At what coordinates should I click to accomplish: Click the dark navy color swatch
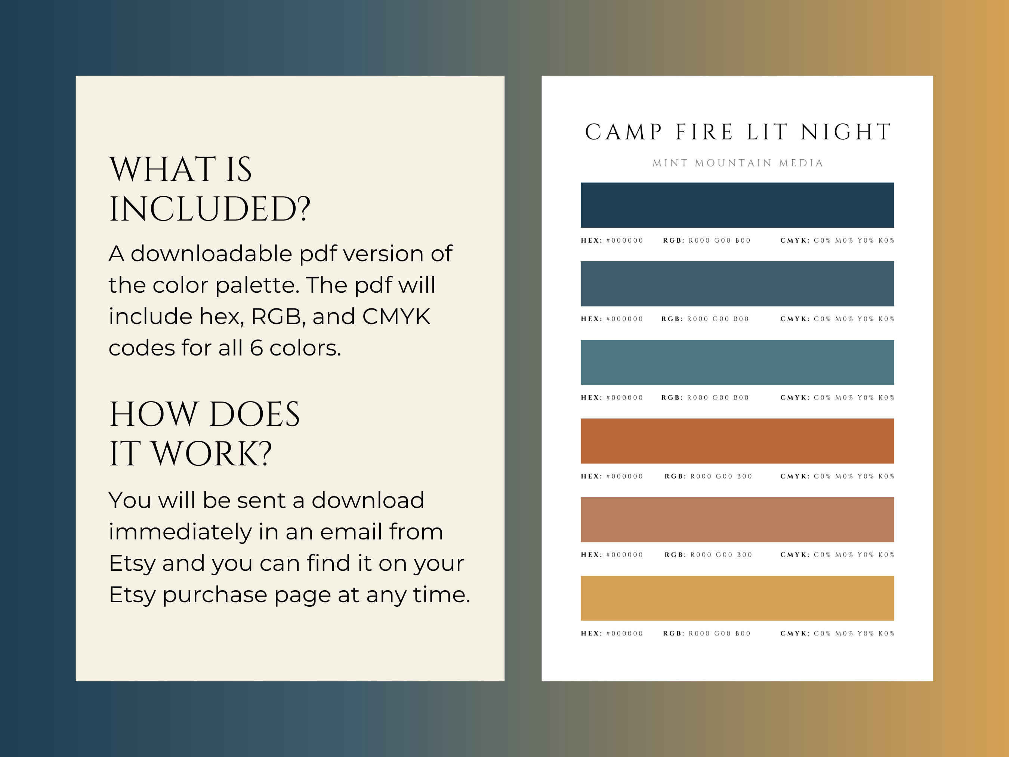(x=737, y=205)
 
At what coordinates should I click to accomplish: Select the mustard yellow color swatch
(x=737, y=598)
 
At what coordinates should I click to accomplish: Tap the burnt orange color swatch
(x=737, y=441)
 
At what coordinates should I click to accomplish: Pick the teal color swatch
(x=737, y=362)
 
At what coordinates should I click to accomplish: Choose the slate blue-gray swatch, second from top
(x=737, y=283)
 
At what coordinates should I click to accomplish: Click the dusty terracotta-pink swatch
(x=737, y=519)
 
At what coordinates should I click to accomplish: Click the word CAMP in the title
(x=623, y=132)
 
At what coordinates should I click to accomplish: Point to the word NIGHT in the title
(x=846, y=132)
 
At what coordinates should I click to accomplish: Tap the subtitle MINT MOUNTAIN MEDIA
(x=738, y=163)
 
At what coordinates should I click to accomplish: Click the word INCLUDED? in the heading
(x=209, y=209)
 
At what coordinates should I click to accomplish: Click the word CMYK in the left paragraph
(x=396, y=317)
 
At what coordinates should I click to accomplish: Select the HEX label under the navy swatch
(x=591, y=240)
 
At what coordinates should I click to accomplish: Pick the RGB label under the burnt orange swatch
(x=675, y=476)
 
